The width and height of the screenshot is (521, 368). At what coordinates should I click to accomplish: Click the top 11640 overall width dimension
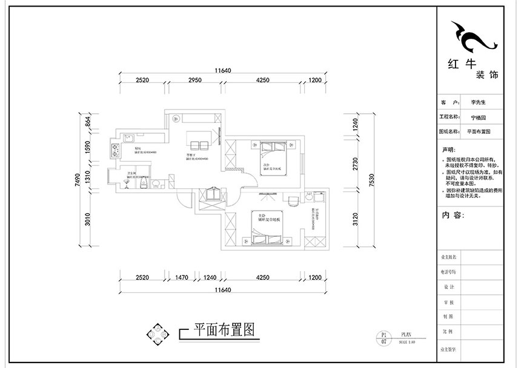[222, 71]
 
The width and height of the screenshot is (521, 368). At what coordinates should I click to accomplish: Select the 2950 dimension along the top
[194, 80]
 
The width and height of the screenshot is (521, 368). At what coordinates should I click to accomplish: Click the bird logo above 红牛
[474, 38]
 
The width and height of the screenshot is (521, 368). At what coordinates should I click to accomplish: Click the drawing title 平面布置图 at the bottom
[222, 330]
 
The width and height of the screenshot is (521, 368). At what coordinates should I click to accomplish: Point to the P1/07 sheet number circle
[382, 337]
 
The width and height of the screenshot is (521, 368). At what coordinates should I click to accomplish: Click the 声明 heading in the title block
[448, 148]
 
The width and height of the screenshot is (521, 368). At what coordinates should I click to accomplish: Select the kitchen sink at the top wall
[128, 139]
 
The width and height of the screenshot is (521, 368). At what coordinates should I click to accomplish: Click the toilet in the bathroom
[142, 183]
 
